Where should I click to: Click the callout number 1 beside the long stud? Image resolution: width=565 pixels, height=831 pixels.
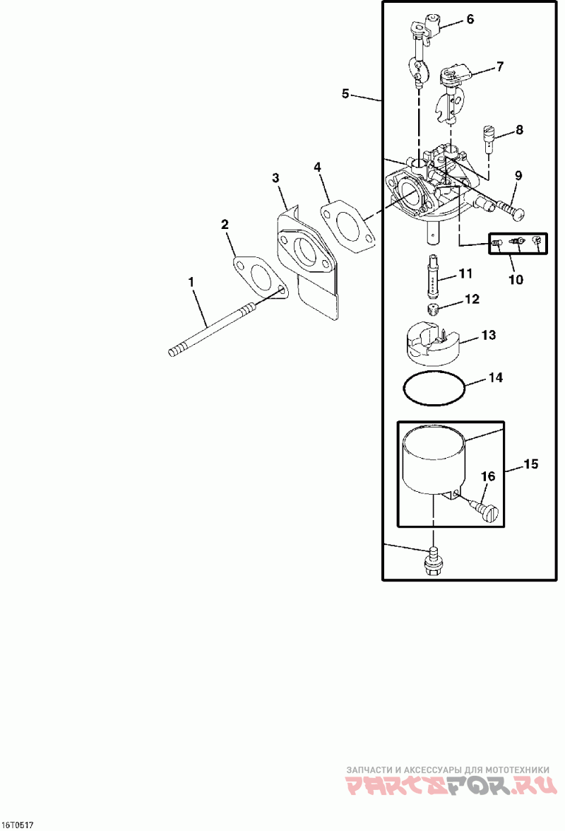click(x=191, y=281)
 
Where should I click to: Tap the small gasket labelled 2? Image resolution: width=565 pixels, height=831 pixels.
click(x=259, y=276)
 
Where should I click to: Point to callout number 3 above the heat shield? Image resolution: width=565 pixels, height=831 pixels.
click(x=277, y=177)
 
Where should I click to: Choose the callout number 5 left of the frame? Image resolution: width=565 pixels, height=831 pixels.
click(x=345, y=93)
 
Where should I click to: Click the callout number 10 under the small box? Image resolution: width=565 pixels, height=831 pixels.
click(x=516, y=279)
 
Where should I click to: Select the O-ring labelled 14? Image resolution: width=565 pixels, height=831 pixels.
click(x=434, y=389)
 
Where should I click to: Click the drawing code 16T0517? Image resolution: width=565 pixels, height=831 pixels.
click(x=17, y=825)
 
